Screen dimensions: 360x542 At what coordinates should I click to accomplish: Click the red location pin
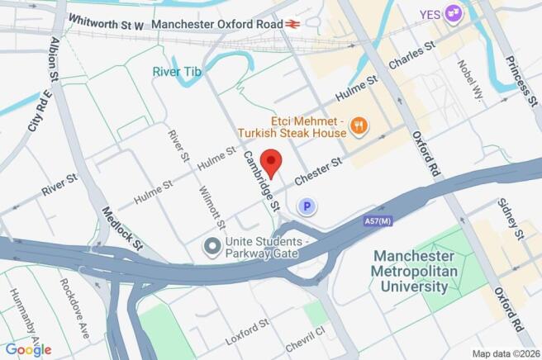pos(272,161)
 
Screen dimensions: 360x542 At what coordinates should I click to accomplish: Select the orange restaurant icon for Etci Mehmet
pos(359,126)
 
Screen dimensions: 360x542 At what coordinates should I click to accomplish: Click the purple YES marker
pos(452,13)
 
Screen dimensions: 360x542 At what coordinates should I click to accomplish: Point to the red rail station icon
pos(291,25)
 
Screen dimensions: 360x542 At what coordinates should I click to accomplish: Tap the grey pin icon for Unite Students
pos(213,246)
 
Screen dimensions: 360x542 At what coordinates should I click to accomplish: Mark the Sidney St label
pos(509,220)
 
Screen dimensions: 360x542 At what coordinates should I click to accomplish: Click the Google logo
pos(28,349)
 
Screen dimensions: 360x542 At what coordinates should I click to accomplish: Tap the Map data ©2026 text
pos(506,353)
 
